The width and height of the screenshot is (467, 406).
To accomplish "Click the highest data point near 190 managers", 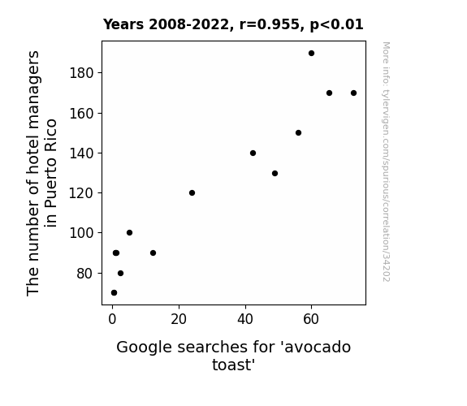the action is pyautogui.click(x=311, y=54).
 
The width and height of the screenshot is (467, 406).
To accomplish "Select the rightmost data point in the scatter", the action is pyautogui.click(x=353, y=93).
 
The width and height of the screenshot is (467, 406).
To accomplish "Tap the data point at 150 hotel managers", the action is pyautogui.click(x=298, y=133).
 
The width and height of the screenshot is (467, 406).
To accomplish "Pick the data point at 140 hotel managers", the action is pyautogui.click(x=253, y=153).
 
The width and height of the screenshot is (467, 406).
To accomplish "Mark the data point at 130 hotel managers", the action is pyautogui.click(x=275, y=173).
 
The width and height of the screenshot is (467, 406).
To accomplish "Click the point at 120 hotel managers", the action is pyautogui.click(x=192, y=193).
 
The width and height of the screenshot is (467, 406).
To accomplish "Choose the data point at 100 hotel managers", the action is pyautogui.click(x=129, y=233).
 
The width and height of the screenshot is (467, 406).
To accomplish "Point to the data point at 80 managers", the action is pyautogui.click(x=120, y=273).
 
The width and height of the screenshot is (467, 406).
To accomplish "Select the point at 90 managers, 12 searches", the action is pyautogui.click(x=153, y=253).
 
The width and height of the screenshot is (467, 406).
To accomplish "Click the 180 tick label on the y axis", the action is pyautogui.click(x=81, y=73).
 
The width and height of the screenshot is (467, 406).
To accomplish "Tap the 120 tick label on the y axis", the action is pyautogui.click(x=81, y=193).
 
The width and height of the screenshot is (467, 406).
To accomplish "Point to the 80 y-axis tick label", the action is pyautogui.click(x=85, y=274).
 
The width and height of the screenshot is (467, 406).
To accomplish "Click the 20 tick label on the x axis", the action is pyautogui.click(x=179, y=319).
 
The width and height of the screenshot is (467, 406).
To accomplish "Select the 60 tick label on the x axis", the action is pyautogui.click(x=311, y=319).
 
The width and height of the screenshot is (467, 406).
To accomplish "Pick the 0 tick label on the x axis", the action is pyautogui.click(x=112, y=319).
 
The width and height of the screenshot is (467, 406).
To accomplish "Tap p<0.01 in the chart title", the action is pyautogui.click(x=336, y=25).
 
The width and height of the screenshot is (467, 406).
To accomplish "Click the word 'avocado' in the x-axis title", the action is pyautogui.click(x=318, y=348).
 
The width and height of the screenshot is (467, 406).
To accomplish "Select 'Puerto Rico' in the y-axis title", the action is pyautogui.click(x=50, y=172).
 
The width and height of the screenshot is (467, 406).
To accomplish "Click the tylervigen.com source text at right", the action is pyautogui.click(x=386, y=162).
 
